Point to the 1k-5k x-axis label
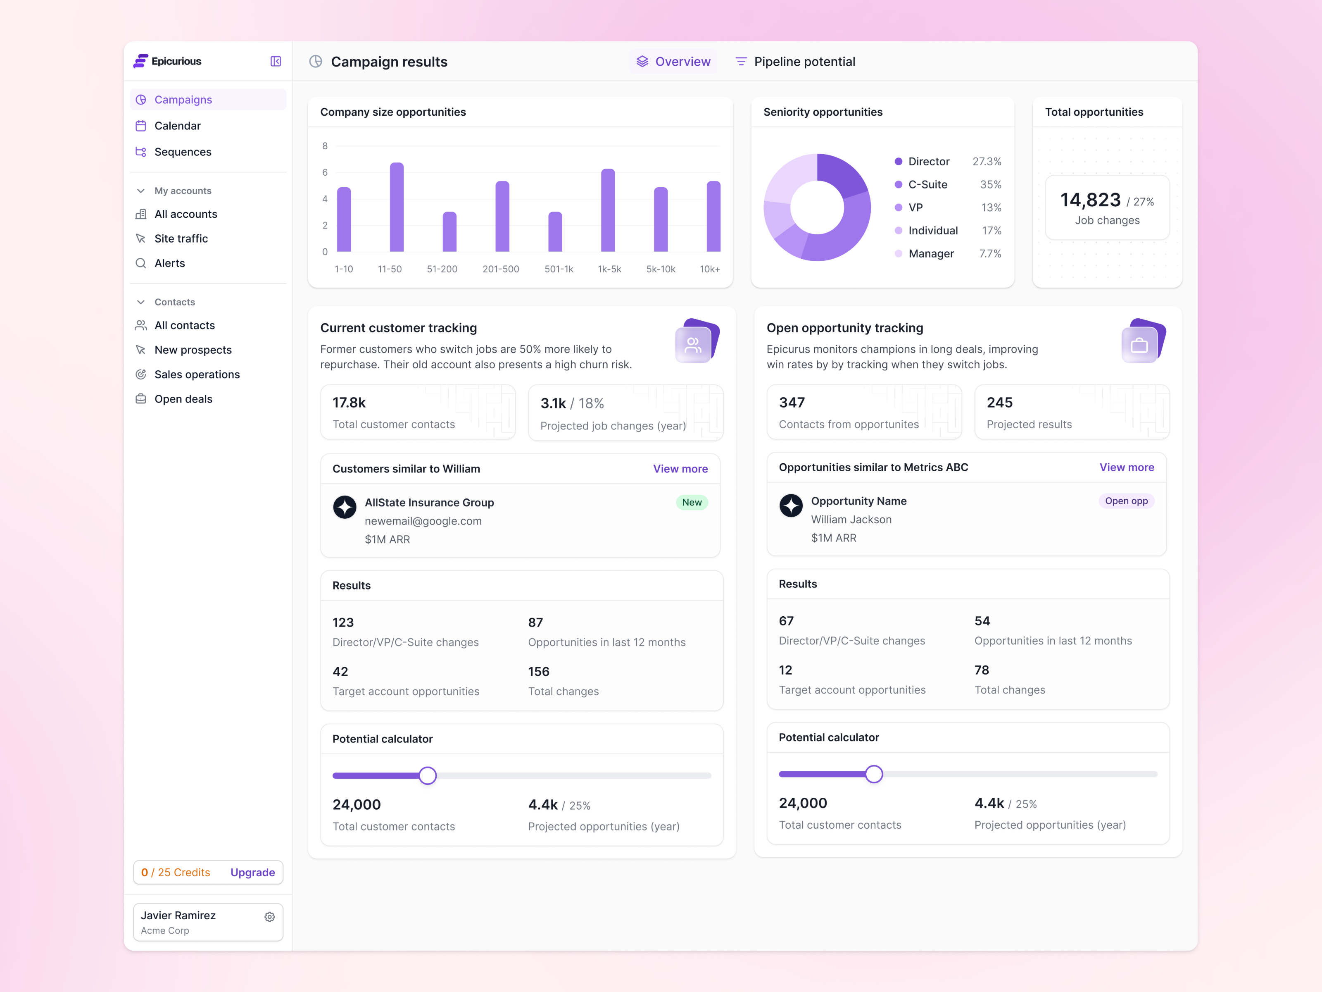pos(609,269)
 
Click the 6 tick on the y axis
pos(325,172)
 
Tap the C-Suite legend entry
pos(927,185)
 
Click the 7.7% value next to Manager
pos(990,253)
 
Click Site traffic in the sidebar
pos(181,238)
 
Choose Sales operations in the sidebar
pos(197,374)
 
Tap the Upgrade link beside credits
pos(252,873)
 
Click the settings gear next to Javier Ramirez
pos(269,917)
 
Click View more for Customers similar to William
pos(680,469)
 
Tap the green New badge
pos(692,502)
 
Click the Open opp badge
pos(1126,501)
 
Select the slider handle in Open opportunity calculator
pos(874,774)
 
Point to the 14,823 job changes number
pos(1090,200)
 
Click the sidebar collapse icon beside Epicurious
pos(276,62)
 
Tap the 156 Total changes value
pos(538,672)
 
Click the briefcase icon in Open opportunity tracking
pos(1139,346)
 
